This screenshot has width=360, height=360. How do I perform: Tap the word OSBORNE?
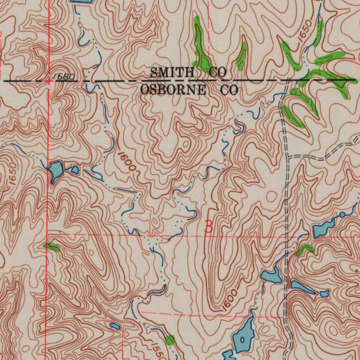click(173, 90)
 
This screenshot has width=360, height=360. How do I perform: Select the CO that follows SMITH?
click(218, 72)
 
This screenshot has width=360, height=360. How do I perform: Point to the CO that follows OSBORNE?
click(229, 90)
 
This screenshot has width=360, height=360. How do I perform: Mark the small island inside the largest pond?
click(242, 340)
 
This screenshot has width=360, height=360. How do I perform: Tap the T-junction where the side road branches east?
click(287, 156)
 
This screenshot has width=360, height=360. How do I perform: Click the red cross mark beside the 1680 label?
click(49, 81)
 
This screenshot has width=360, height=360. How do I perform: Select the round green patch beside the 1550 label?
click(170, 340)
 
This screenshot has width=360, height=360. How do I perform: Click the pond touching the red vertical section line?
click(56, 170)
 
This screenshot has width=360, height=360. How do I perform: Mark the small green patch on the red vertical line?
click(51, 247)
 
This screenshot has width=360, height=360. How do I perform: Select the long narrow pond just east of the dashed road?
click(303, 287)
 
